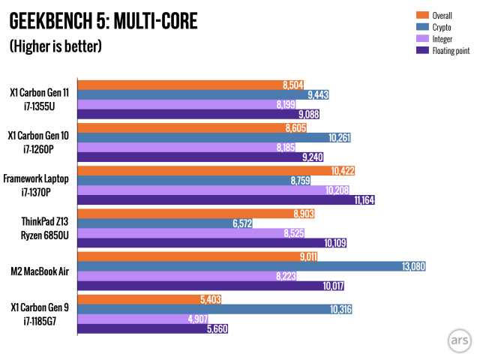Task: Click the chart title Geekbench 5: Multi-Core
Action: click(103, 21)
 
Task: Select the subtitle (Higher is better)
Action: click(55, 46)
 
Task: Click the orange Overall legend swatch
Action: click(421, 14)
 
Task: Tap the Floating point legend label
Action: click(450, 50)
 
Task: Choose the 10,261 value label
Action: click(339, 138)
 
